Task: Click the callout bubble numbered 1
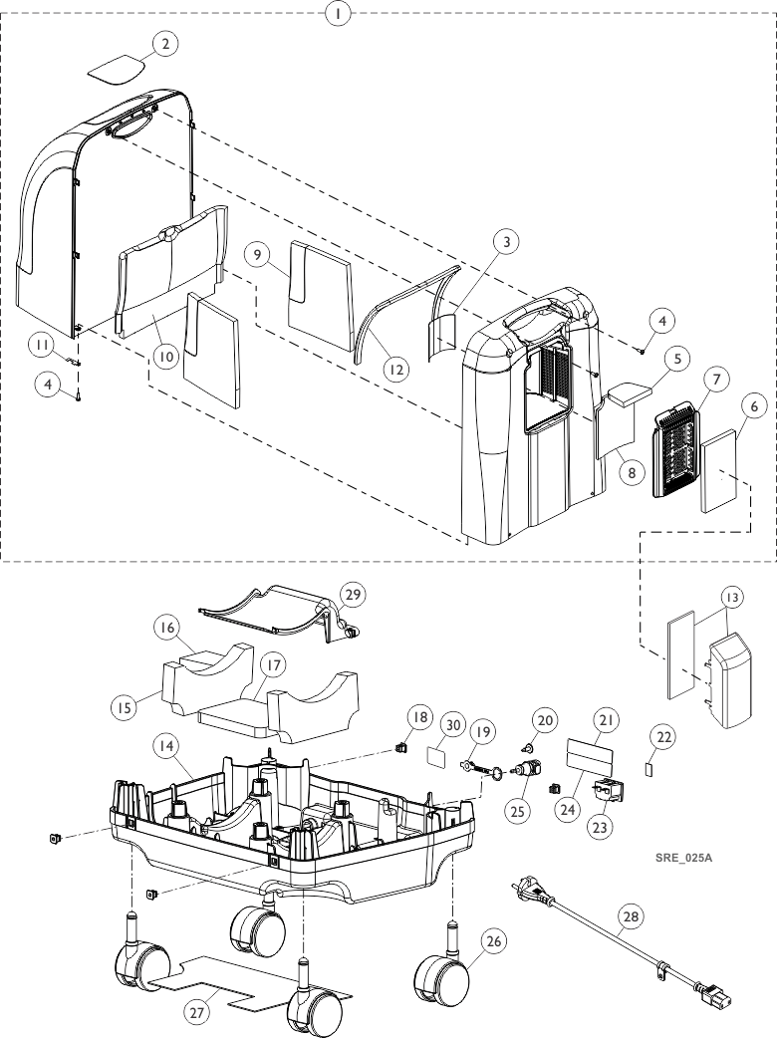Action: [x=340, y=14]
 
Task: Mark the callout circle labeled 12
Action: [x=396, y=369]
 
